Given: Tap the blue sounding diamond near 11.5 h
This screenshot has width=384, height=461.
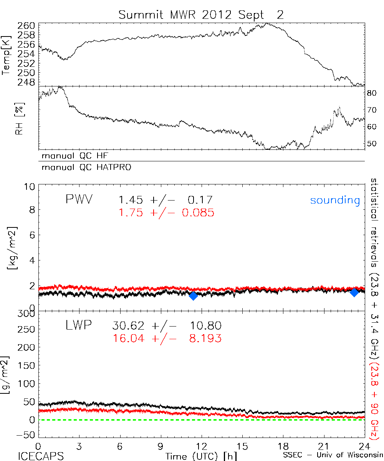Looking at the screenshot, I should tap(193, 295).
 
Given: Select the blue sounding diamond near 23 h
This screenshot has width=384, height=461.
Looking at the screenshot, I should tap(354, 292).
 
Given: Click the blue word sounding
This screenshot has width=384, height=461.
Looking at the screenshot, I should tap(335, 200).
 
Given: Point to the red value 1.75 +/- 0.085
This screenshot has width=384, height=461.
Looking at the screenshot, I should tap(166, 212).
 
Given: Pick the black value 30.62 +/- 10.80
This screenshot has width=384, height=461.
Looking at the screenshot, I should tap(167, 326).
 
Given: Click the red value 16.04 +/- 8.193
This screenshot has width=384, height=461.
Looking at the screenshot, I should tap(167, 338).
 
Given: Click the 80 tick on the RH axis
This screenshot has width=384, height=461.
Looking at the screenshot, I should tap(371, 93).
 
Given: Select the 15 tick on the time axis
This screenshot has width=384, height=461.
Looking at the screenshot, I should tap(242, 447).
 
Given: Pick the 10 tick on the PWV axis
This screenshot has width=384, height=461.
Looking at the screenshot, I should tap(30, 187).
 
